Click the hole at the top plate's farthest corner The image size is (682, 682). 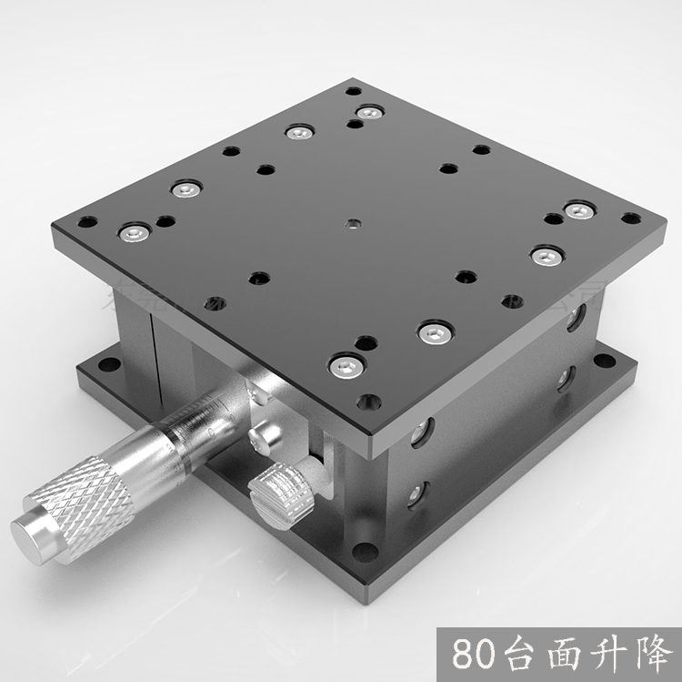point(353,91)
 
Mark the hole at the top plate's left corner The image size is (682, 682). point(87,220)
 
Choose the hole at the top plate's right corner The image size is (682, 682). point(630,219)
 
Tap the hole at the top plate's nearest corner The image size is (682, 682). point(368,401)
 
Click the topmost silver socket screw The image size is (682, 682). point(367,112)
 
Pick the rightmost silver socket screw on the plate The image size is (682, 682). point(578,210)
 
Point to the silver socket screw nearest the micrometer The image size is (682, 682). point(344,366)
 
